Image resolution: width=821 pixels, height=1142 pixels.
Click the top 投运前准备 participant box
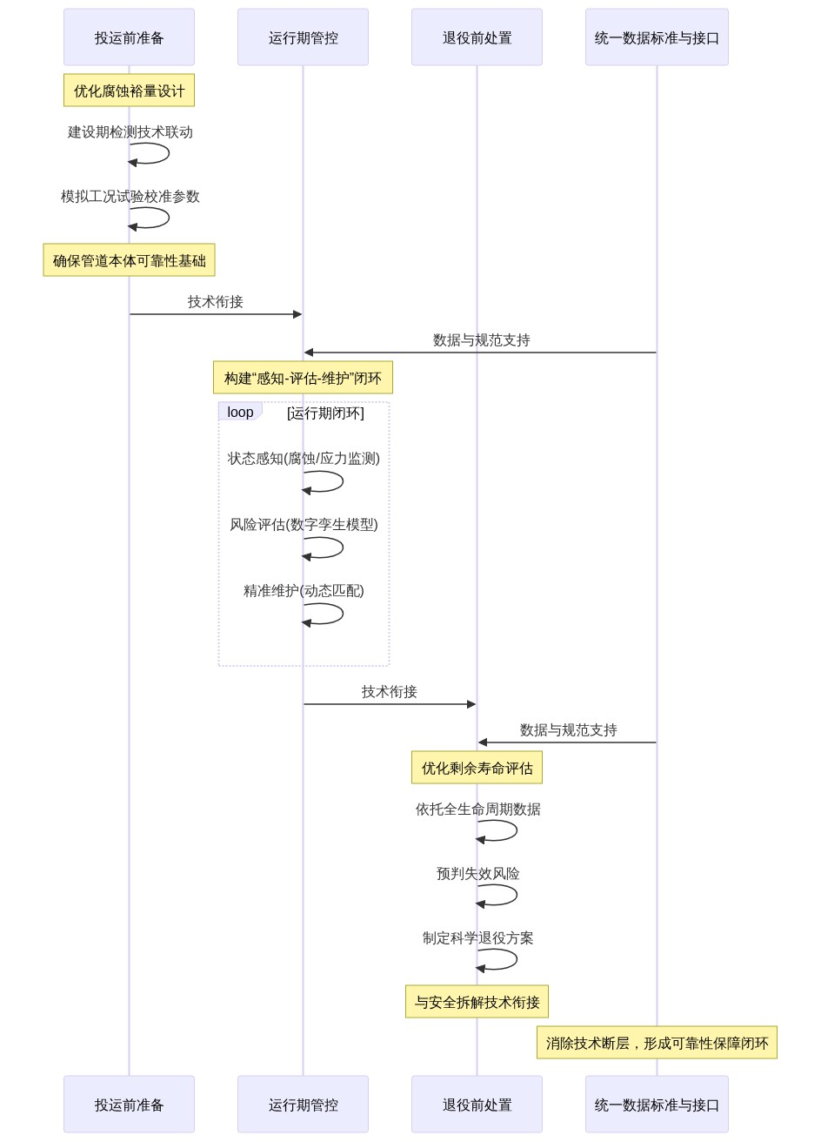point(129,37)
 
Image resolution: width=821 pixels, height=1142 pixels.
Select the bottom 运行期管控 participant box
point(303,1105)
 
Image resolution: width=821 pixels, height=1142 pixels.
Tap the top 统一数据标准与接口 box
point(657,37)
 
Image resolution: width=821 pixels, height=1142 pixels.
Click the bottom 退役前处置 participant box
point(477,1105)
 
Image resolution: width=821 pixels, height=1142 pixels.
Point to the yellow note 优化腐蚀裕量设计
point(129,91)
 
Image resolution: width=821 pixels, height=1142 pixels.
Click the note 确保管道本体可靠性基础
point(129,260)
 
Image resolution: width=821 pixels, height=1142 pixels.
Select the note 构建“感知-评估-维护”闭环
point(303,378)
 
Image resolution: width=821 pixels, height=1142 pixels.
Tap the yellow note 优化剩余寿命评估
point(477,768)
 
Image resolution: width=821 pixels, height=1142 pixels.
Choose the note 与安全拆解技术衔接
point(477,1002)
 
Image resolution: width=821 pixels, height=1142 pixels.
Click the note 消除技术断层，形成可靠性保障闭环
point(657,1043)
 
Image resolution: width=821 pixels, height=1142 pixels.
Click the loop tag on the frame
point(239,413)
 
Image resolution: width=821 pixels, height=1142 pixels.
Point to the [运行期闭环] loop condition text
point(325,413)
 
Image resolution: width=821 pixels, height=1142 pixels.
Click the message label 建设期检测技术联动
point(130,132)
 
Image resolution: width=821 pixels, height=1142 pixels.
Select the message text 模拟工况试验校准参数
point(130,197)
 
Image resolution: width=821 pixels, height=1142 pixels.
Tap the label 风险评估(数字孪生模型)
point(304,525)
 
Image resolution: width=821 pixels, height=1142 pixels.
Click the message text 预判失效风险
point(477,874)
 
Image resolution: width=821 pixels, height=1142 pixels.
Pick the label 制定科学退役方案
point(477,938)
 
